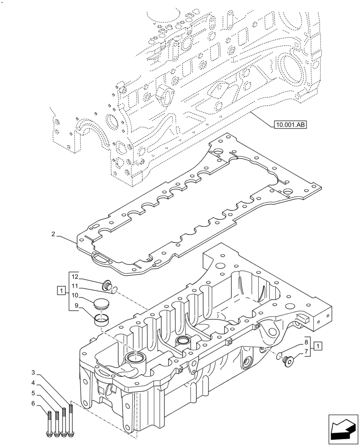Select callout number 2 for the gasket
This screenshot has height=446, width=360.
point(53,234)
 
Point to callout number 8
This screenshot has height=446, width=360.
point(306,343)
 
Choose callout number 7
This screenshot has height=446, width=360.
point(306,352)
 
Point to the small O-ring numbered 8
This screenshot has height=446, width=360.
point(279,355)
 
